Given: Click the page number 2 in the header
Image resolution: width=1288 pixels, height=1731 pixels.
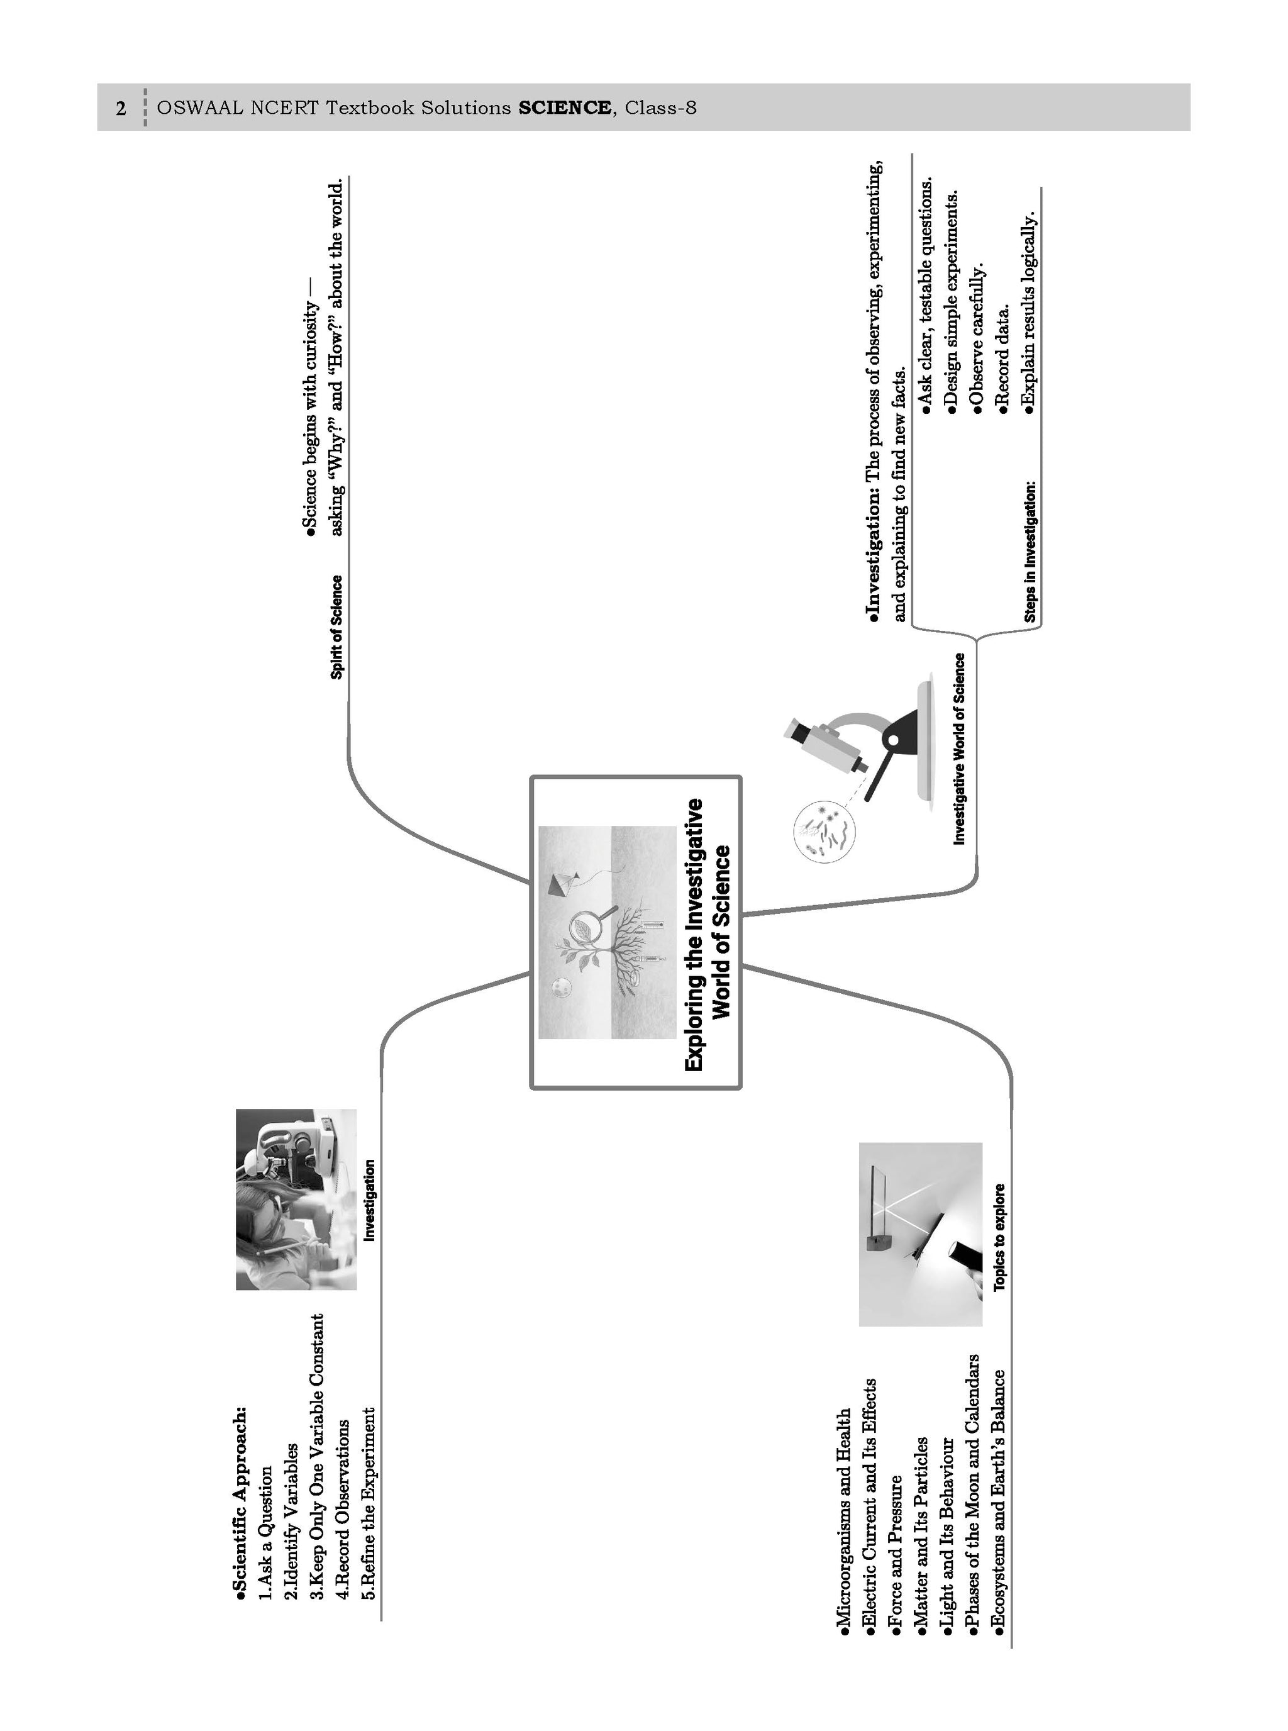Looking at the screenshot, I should [x=120, y=108].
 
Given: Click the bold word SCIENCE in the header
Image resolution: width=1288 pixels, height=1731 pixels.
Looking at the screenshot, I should [x=565, y=108].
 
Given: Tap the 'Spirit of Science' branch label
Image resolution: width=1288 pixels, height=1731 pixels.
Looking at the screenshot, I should [x=336, y=627].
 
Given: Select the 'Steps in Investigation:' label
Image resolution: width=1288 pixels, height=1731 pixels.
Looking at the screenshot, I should [x=1031, y=552].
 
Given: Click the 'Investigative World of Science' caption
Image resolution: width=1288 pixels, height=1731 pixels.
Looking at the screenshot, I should [x=959, y=749].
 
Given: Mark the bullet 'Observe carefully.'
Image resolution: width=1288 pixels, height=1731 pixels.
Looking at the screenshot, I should [x=978, y=335].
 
